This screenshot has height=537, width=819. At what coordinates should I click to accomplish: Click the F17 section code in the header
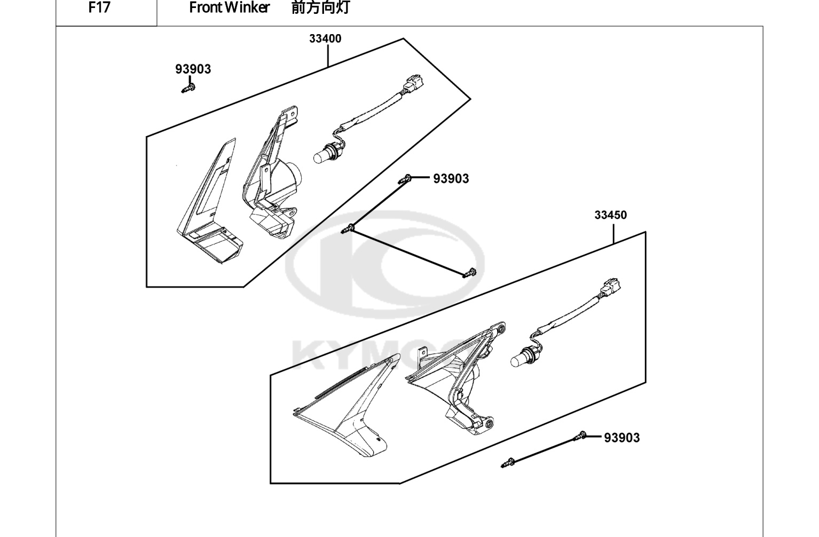(x=99, y=7)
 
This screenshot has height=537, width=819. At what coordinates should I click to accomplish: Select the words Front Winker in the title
(x=229, y=7)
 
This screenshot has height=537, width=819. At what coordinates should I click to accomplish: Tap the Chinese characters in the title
(x=320, y=7)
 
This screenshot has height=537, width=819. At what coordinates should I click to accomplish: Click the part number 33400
(x=325, y=38)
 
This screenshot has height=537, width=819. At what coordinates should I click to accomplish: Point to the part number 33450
(x=610, y=215)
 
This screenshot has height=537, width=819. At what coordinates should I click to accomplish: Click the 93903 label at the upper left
(x=193, y=69)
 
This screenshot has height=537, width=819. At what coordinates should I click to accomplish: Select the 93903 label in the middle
(x=451, y=179)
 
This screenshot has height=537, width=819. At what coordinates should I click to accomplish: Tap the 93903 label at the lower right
(x=621, y=438)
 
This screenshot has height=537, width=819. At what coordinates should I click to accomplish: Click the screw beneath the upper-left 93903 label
(x=188, y=88)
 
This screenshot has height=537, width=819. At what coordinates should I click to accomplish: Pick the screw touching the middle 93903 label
(x=405, y=179)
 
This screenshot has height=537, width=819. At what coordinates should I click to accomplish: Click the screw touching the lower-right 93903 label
(x=580, y=436)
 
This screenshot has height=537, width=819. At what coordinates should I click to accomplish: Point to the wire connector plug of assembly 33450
(x=610, y=288)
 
